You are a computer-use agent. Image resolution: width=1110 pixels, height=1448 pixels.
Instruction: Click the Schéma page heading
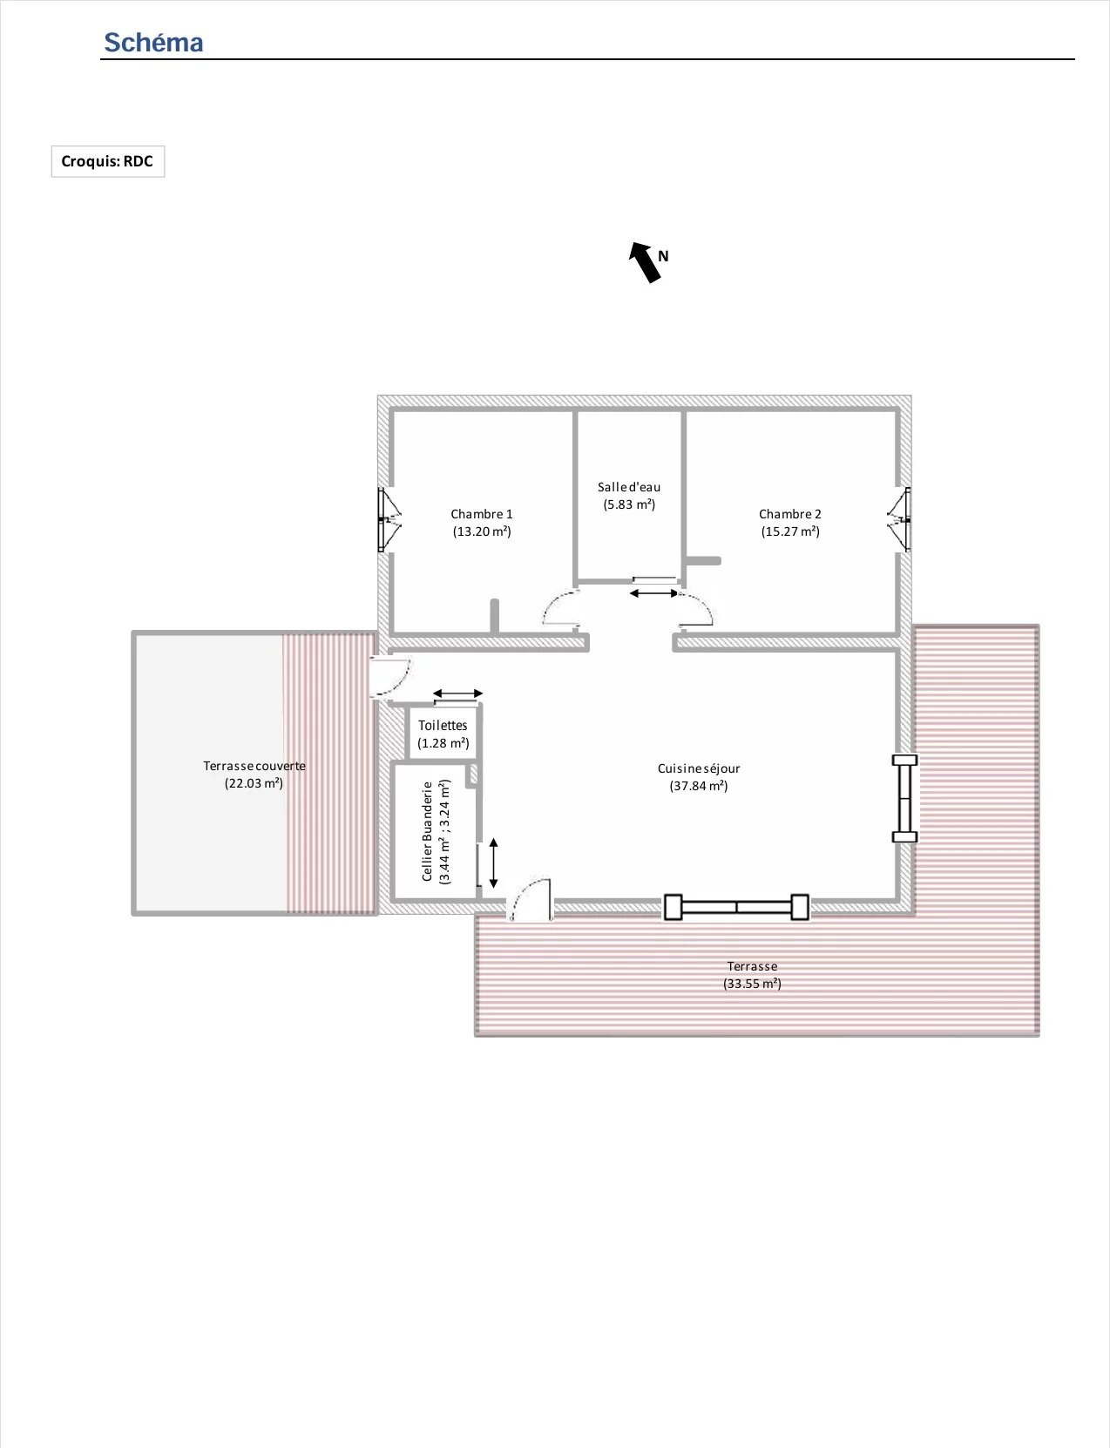153,43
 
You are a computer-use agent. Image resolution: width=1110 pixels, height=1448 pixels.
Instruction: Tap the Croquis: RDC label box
108,161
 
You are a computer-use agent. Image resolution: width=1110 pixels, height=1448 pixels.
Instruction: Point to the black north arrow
645,262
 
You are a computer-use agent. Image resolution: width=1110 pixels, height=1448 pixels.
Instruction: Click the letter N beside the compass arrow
663,256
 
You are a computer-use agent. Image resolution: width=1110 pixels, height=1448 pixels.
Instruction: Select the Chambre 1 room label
482,514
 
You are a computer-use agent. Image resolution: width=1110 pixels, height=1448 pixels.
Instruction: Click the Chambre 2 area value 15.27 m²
790,531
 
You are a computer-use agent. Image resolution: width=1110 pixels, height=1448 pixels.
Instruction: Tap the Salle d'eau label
629,487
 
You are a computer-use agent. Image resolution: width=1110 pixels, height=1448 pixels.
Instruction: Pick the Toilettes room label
443,725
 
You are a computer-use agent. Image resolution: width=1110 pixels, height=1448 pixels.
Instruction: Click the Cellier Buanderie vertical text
427,831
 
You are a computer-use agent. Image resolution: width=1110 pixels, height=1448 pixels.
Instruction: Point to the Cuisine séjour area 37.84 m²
699,786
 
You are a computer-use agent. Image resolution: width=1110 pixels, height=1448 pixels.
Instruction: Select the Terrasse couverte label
254,766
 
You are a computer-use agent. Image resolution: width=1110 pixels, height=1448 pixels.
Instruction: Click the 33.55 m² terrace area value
752,984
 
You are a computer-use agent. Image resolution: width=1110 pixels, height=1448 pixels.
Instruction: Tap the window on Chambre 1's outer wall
389,520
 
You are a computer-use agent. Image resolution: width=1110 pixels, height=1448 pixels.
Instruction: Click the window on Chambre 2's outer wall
899,520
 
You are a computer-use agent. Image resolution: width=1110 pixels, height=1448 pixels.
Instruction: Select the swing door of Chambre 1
562,608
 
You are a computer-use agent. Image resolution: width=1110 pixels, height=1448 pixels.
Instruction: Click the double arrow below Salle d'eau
653,592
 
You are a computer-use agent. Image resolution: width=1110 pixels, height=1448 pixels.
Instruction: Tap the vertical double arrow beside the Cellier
494,863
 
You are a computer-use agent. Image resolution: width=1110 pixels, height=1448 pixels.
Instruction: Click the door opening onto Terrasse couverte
391,676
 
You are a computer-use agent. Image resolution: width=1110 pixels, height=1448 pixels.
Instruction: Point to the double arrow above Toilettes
457,694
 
